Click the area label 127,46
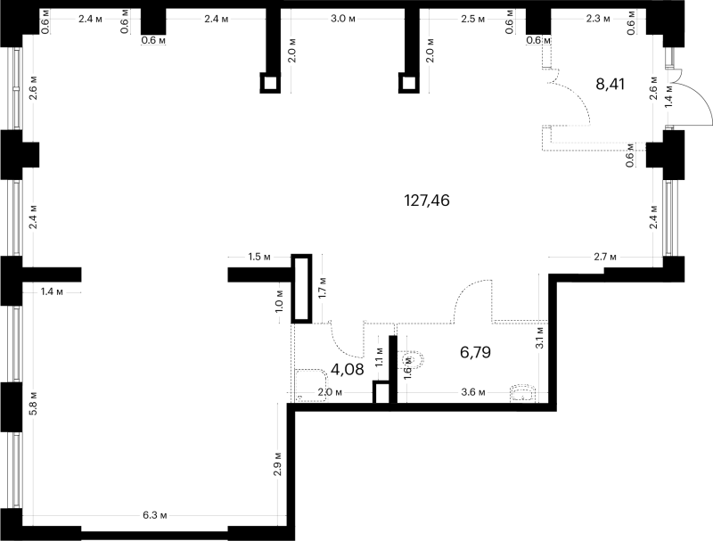click(427, 200)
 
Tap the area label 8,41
click(611, 84)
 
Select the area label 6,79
click(476, 352)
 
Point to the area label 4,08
click(348, 369)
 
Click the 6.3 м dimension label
click(155, 515)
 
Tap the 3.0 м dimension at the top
click(343, 19)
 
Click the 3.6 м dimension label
click(473, 392)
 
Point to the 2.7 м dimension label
click(605, 257)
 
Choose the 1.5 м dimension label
click(259, 257)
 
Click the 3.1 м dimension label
click(540, 337)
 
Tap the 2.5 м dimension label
click(472, 19)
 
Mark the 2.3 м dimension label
click(598, 19)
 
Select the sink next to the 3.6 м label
click(523, 394)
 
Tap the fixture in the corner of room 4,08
click(311, 386)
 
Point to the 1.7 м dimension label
click(323, 287)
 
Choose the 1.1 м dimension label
click(380, 357)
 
